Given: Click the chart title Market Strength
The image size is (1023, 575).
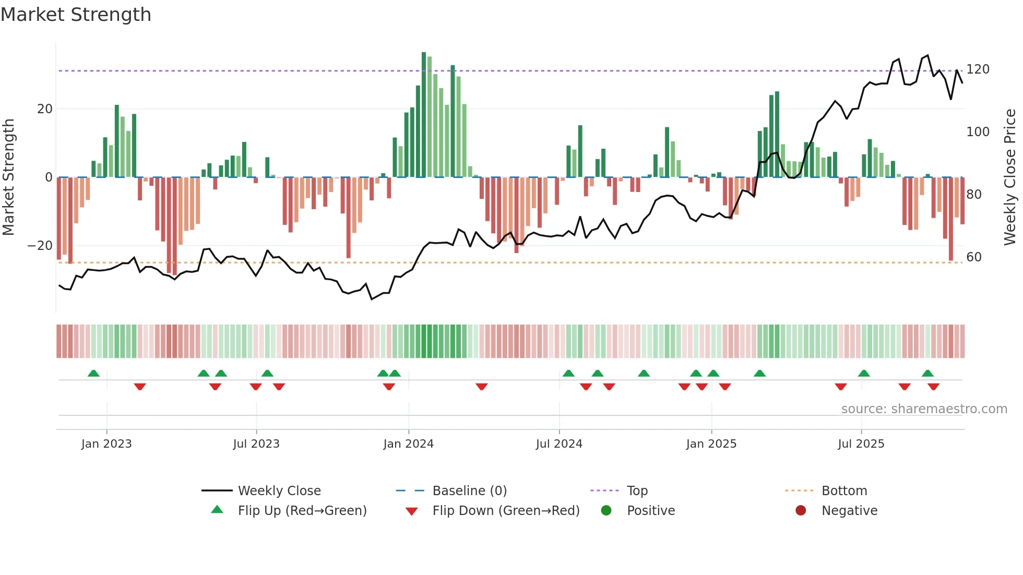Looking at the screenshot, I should (x=76, y=15).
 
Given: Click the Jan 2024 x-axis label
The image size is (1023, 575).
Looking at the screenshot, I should (x=408, y=444).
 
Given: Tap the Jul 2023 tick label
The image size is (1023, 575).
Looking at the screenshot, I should (x=256, y=444).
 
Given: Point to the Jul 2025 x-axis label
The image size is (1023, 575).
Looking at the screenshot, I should (x=861, y=444).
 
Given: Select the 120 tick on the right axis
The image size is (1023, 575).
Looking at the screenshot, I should (x=978, y=69).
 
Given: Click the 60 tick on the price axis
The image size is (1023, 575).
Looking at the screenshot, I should (x=974, y=257).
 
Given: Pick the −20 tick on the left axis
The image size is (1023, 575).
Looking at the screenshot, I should (x=40, y=246).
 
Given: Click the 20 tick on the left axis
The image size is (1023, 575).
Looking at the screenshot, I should (x=45, y=109).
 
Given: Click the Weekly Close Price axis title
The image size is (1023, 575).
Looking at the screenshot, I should (x=1010, y=177).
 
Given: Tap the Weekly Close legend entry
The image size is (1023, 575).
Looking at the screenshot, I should (x=279, y=491).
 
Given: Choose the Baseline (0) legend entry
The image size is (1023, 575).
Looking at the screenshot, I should (x=469, y=491).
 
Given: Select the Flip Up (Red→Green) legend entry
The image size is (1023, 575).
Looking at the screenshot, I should (x=302, y=511).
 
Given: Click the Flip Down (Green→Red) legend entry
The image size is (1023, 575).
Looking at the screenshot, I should (x=505, y=511).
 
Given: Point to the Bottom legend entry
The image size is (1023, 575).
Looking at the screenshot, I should (x=843, y=491).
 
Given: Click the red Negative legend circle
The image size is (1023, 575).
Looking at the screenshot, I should (x=801, y=510).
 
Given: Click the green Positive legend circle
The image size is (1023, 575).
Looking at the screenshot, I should (x=606, y=510).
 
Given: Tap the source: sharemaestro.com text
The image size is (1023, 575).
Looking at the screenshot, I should (x=924, y=409).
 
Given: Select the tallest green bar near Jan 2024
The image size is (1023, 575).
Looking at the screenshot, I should (x=424, y=115).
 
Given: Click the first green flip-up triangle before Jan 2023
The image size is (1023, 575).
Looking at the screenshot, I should (x=93, y=374).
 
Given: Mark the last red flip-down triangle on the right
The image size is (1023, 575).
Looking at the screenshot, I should (x=933, y=387).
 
